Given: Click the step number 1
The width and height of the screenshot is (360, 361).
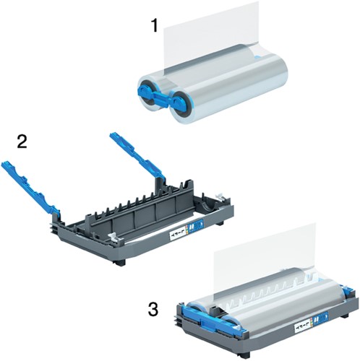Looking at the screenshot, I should pos(153,27).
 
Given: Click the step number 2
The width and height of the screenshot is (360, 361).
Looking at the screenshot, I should pos(22,140).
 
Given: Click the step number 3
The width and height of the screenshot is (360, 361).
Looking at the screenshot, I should pos(153,310).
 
